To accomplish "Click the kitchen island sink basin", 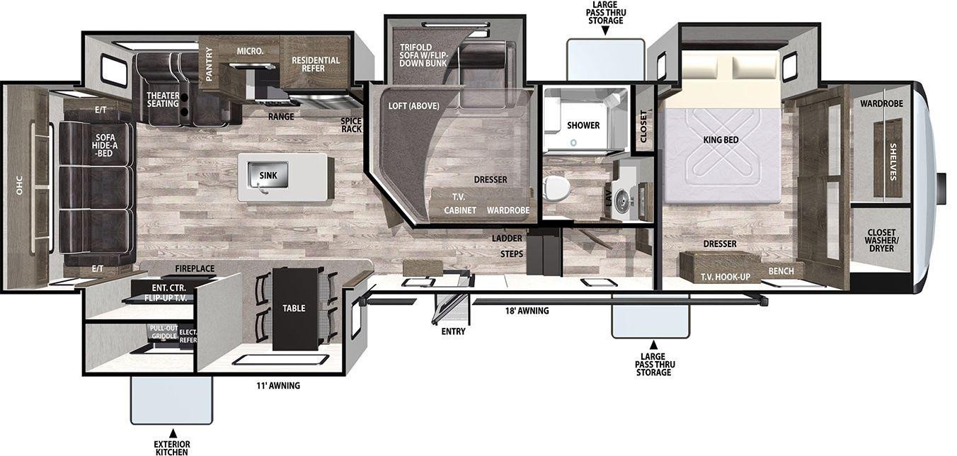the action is coord(268,175).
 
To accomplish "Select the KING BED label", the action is coord(721,139).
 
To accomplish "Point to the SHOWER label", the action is coord(583,125).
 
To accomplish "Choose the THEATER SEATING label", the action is coord(163,100).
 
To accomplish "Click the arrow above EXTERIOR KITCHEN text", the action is coord(173,433).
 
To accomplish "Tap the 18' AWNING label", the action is coord(527,311).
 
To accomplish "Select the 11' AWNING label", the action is coord(278,385).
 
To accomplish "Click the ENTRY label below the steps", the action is coord(453,331).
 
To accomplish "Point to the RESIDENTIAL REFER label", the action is coord(316,64).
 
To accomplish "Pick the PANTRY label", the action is coord(209,64).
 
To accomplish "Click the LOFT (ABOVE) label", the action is coord(413,106).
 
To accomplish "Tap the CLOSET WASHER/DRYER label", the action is coord(881,241).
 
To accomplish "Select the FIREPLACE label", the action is coord(195,268).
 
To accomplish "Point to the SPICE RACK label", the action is coord(351,125).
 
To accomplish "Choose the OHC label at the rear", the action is coord(19,185).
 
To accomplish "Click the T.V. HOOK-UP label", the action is coord(726,277).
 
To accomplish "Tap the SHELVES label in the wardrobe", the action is coord(893,161).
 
